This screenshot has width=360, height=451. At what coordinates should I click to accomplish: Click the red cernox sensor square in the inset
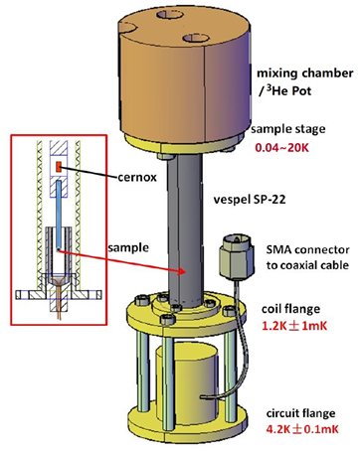pos(59,167)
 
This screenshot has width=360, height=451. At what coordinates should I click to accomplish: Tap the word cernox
pos(137,178)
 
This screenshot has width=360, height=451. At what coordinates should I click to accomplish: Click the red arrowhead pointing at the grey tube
pos(182,272)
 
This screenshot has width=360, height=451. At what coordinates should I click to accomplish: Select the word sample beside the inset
pos(128,247)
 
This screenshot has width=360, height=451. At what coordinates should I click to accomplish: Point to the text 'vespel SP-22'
pos(250,200)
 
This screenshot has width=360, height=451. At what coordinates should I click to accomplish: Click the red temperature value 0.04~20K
pos(281,147)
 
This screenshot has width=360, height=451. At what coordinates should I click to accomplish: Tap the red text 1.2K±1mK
pos(294,326)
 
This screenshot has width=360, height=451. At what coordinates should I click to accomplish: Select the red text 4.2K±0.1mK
pos(302,429)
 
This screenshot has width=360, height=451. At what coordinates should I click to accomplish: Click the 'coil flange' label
pos(290,309)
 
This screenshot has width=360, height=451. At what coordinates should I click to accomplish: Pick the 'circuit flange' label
pos(300,413)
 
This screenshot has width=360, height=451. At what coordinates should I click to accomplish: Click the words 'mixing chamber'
pos(305,74)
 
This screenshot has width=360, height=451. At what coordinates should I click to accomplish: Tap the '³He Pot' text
pos(285,90)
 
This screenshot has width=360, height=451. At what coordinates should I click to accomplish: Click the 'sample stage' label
pos(288,129)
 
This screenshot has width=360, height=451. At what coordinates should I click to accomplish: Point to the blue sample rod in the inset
pos(59,215)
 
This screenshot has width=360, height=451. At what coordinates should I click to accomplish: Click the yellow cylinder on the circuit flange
pos(187,387)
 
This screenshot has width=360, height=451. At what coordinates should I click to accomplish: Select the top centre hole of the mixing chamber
pos(170,15)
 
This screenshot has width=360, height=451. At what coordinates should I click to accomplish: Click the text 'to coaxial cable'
pos(307,265)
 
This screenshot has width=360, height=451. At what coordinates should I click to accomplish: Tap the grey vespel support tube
pos(185,230)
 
